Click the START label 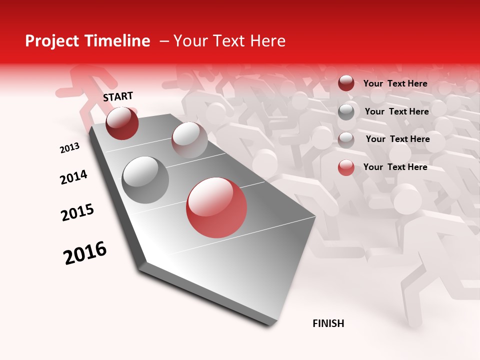coord(118,96)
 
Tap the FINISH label coord(328,323)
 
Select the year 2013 coord(70,148)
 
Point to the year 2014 coord(73,177)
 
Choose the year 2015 coord(77,212)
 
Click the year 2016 coord(85,253)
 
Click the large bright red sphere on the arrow coord(216,207)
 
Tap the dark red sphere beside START coord(122,123)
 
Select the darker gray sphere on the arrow coord(145,179)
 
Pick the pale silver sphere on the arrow coord(189,139)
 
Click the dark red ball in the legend coord(346,83)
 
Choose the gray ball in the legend coord(346,111)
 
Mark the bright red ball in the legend coord(346,167)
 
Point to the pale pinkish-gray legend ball coord(346,139)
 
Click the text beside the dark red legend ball coord(395,83)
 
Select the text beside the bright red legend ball coord(395,167)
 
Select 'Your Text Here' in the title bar coord(229,41)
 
